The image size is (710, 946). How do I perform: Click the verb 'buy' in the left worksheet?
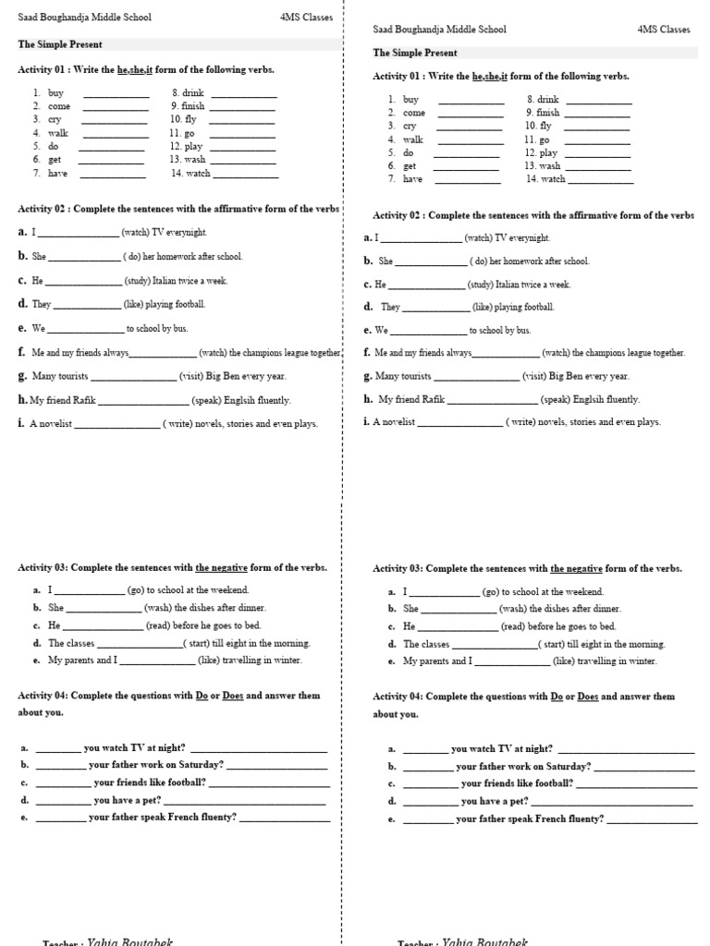pyautogui.click(x=55, y=92)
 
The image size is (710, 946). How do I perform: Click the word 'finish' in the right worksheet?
pyautogui.click(x=548, y=112)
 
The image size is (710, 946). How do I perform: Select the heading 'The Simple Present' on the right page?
pyautogui.click(x=415, y=54)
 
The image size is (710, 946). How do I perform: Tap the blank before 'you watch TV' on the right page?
pyautogui.click(x=425, y=750)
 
